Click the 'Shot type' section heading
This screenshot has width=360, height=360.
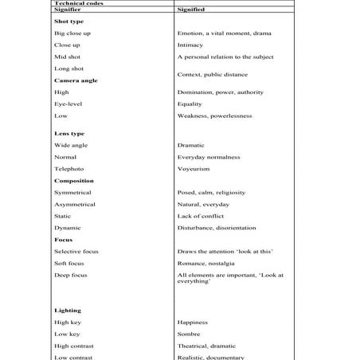[68, 22]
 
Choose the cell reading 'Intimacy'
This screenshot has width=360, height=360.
[190, 45]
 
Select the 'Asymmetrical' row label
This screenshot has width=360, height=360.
[74, 205]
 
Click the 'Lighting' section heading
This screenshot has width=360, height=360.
[68, 310]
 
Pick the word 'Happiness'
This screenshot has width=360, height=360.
[192, 323]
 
